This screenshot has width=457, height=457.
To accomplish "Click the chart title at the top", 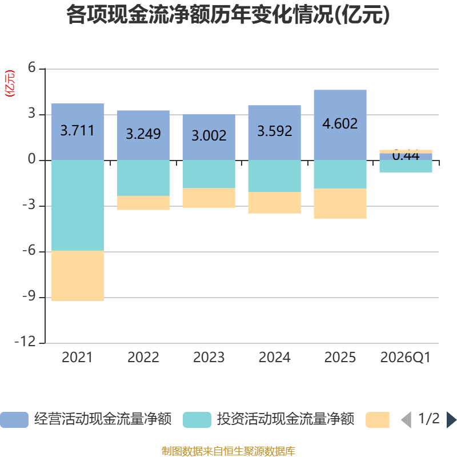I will click(228, 15).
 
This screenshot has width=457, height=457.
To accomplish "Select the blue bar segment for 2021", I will click(78, 131).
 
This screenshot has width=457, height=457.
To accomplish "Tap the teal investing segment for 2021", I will click(78, 206).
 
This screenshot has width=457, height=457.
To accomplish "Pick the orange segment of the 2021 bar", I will click(78, 276).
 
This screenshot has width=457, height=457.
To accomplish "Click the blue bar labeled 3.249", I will click(143, 135).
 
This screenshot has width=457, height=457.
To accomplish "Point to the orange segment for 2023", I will click(209, 198).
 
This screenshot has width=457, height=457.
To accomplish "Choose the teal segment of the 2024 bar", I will click(274, 176).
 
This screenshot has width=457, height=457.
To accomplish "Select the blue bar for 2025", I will click(340, 125).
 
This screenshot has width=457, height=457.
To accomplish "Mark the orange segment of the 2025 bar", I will click(340, 203).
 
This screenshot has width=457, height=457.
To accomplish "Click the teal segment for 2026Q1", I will click(406, 166).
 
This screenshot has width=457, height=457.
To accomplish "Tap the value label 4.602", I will click(340, 123).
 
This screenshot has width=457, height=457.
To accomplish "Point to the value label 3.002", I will click(209, 135).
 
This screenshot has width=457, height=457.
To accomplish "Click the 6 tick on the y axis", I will click(32, 69).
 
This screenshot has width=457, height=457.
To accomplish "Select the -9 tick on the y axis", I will click(29, 297).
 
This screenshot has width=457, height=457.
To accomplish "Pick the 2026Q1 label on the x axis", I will click(406, 358).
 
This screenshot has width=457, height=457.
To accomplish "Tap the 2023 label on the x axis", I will click(209, 358).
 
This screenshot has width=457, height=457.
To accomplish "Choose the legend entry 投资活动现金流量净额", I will click(268, 420).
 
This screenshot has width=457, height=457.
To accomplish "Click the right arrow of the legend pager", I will click(451, 420).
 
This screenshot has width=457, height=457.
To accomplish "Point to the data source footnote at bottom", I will click(228, 451).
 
